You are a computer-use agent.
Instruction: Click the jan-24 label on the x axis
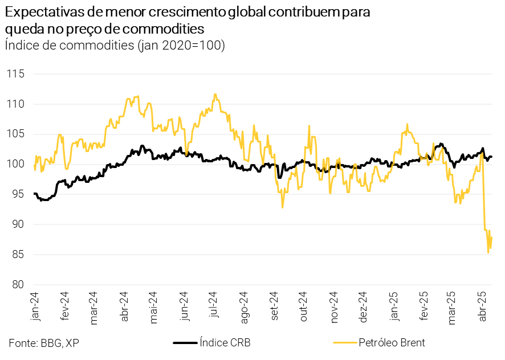[35, 308]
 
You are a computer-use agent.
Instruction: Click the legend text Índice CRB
[225, 342]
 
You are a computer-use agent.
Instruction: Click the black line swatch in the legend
[184, 343]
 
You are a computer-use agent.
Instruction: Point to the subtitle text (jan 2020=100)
[181, 45]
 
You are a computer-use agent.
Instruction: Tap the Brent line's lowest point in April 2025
[488, 252]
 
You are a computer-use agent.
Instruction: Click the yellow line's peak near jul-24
[214, 94]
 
